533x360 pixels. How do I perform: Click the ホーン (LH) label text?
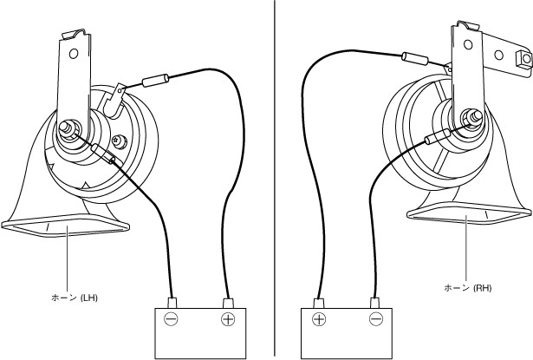click(x=74, y=298)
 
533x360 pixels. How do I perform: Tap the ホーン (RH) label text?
click(x=469, y=286)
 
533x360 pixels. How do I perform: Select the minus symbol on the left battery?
click(x=172, y=320)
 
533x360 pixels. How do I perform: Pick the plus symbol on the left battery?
click(x=229, y=320)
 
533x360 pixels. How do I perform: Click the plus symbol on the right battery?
click(x=319, y=320)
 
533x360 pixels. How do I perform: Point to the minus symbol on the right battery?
click(x=376, y=320)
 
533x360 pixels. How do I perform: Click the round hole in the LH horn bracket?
click(x=74, y=53)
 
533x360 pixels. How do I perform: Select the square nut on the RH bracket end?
click(x=523, y=59)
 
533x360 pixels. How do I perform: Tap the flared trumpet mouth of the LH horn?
click(x=66, y=227)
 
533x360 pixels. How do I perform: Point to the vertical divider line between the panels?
click(x=275, y=173)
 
